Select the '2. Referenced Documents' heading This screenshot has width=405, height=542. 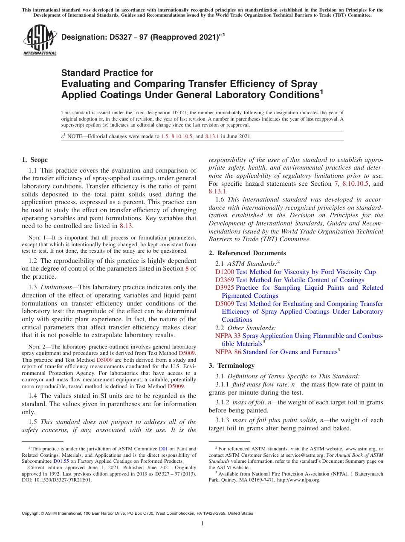click(247, 253)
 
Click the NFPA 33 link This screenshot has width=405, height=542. click(228, 336)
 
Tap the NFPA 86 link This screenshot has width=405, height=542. click(228, 352)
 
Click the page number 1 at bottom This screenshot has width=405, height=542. click(202, 524)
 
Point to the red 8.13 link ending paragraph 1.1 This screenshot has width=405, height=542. click(126, 226)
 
